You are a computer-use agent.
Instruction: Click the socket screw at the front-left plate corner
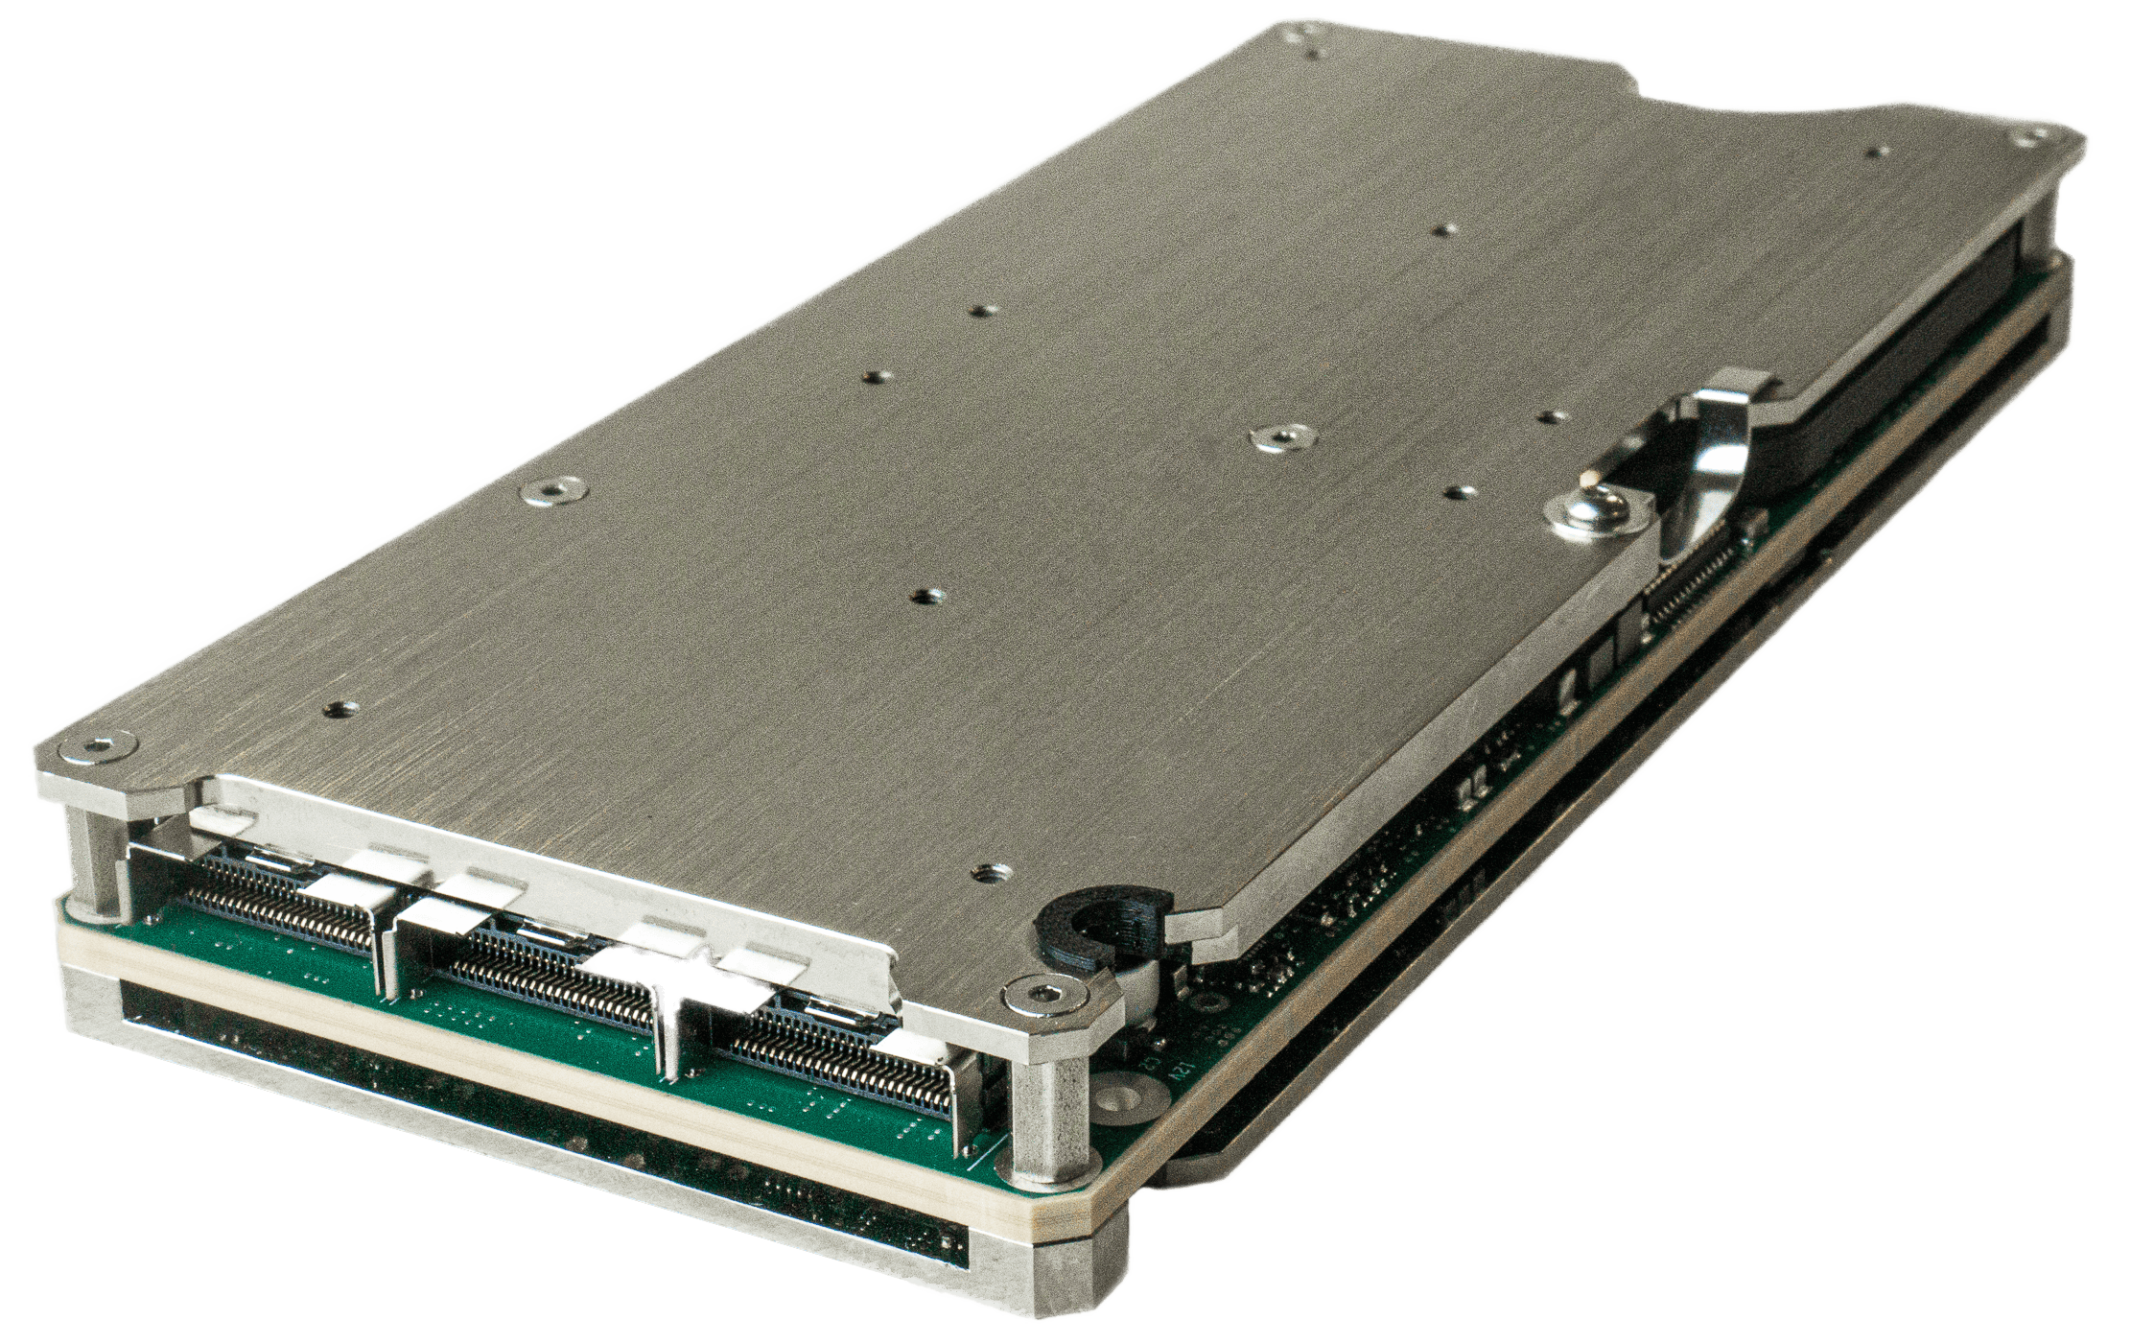pyautogui.click(x=97, y=747)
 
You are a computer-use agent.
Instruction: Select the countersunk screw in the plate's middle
pyautogui.click(x=1276, y=436)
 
